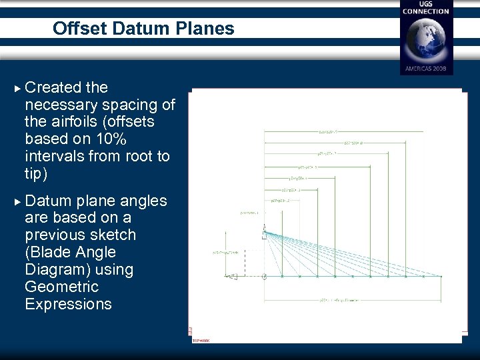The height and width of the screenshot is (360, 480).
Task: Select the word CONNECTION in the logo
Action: (x=426, y=11)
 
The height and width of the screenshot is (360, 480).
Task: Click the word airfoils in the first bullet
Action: (x=83, y=121)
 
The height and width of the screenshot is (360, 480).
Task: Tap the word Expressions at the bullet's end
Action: (x=68, y=304)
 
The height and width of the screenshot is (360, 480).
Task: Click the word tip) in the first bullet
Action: (x=36, y=173)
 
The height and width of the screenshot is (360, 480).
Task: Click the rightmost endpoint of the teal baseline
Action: (x=441, y=276)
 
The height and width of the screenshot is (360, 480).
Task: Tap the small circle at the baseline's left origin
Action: (x=265, y=276)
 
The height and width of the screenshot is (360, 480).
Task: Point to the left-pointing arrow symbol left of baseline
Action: (x=232, y=277)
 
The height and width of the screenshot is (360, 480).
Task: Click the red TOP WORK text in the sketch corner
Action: (x=201, y=340)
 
